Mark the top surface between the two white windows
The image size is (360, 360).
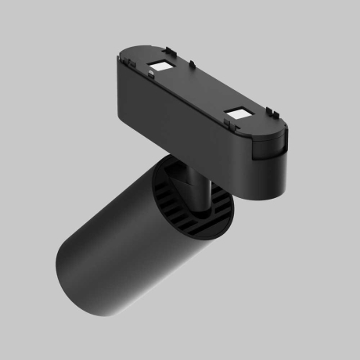click(x=200, y=90)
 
